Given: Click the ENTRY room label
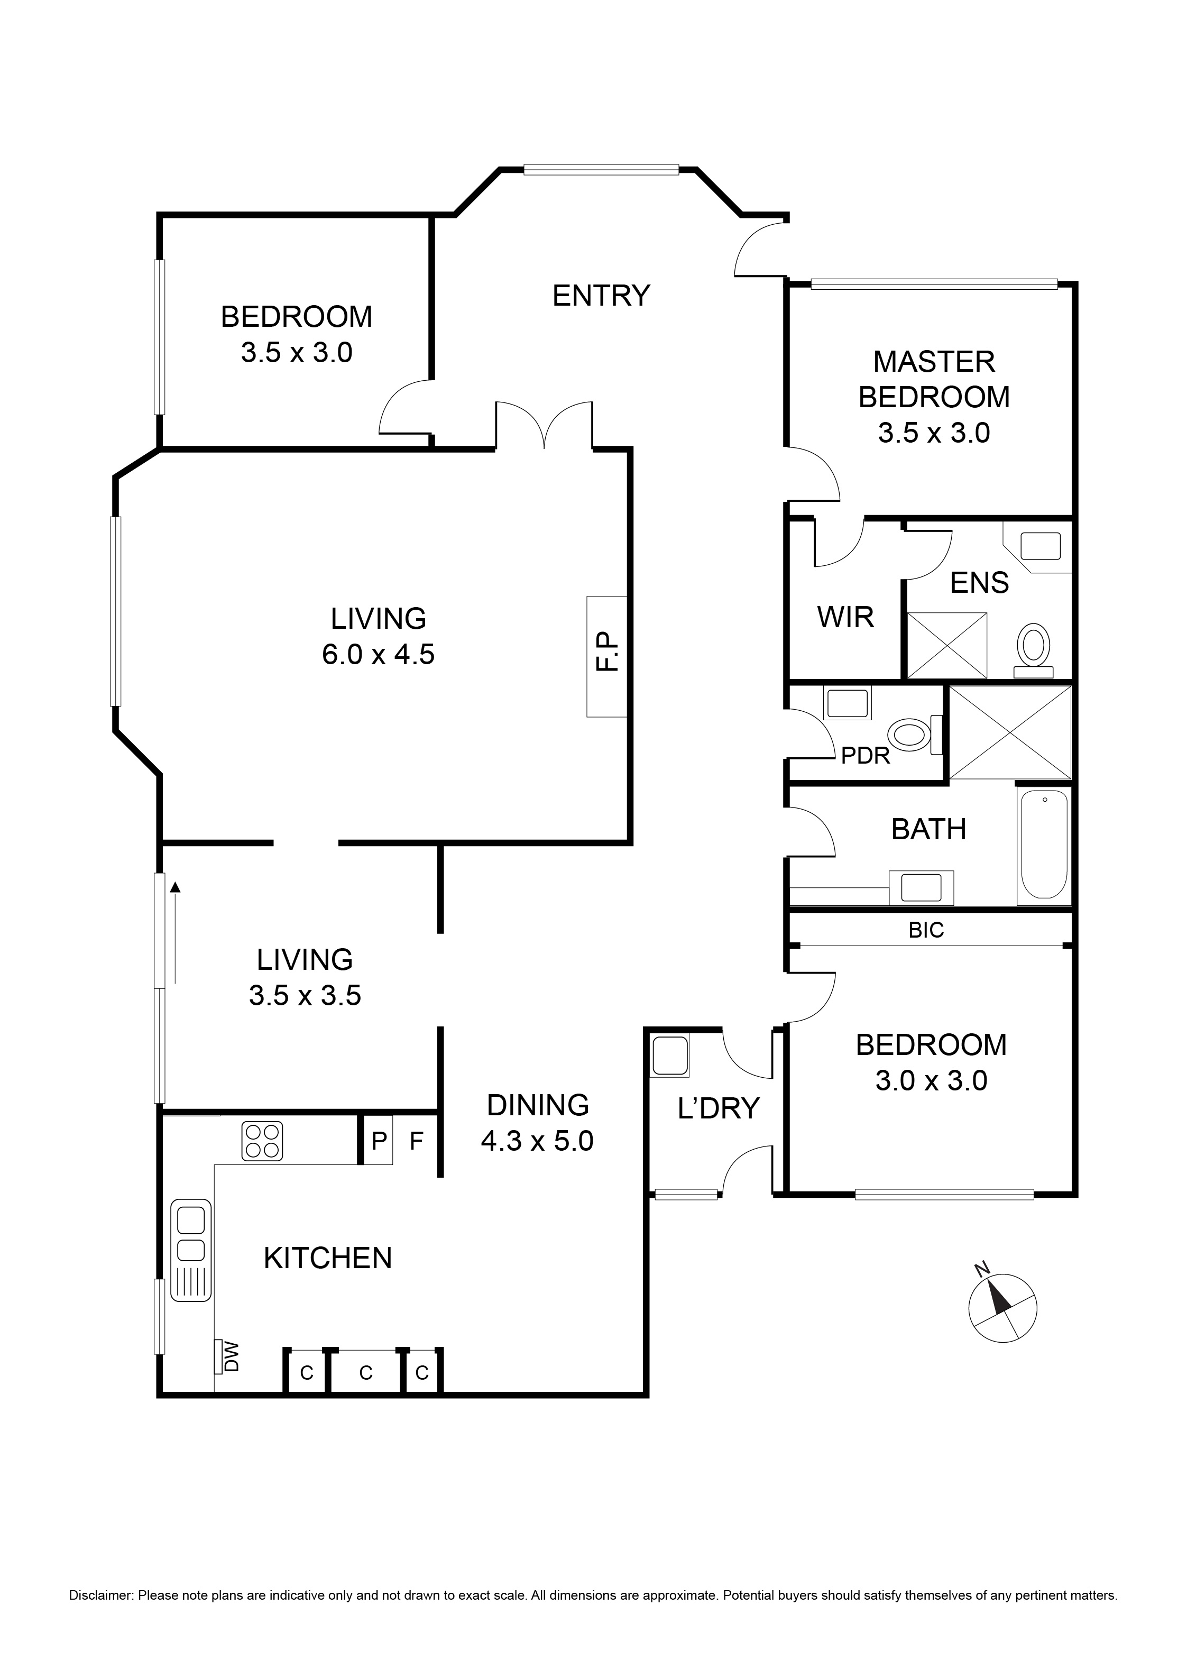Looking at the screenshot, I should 601,296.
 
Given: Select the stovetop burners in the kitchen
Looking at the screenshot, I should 262,1141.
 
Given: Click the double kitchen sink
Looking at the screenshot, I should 191,1236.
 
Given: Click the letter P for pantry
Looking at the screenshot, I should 379,1140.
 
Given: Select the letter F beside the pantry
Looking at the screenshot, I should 416,1140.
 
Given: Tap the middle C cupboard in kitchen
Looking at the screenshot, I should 366,1373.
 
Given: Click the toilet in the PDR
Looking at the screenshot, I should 910,734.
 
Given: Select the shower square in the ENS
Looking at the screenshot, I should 946,645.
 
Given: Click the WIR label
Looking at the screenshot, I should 845,617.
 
